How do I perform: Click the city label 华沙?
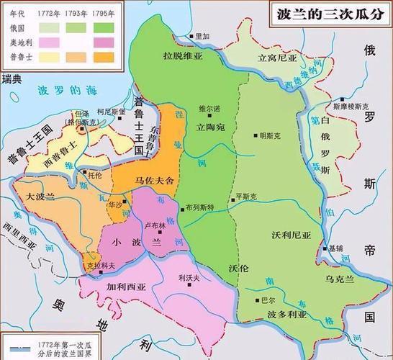coord(114,204)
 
